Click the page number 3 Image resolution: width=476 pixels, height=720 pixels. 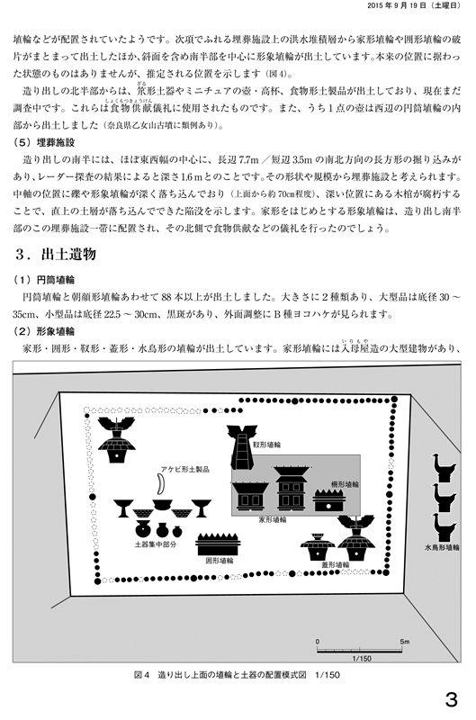(x=451, y=699)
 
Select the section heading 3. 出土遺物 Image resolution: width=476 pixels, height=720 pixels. (x=55, y=255)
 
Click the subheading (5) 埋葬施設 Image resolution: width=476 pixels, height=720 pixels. (x=43, y=142)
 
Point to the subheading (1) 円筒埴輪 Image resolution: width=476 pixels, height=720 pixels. (x=43, y=280)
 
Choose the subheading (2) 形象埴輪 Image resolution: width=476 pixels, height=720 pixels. (x=43, y=331)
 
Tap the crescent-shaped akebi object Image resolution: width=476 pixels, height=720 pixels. (x=160, y=484)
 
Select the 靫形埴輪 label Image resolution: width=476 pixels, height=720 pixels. (x=267, y=445)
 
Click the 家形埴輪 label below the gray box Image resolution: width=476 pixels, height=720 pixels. (x=273, y=519)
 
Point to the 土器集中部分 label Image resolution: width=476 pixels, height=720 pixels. (x=156, y=544)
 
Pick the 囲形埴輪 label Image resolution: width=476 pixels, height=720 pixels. (x=219, y=561)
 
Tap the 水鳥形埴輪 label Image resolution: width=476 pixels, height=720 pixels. (x=442, y=547)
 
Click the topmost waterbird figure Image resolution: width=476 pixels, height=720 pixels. (x=444, y=468)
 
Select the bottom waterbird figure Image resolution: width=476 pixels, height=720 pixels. (x=444, y=528)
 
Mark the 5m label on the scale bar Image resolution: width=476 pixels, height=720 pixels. (x=404, y=642)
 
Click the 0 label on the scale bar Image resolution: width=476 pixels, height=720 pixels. (x=317, y=642)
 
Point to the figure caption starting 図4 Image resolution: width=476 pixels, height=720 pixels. (x=238, y=675)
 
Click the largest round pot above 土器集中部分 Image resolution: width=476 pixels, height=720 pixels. (x=143, y=529)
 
